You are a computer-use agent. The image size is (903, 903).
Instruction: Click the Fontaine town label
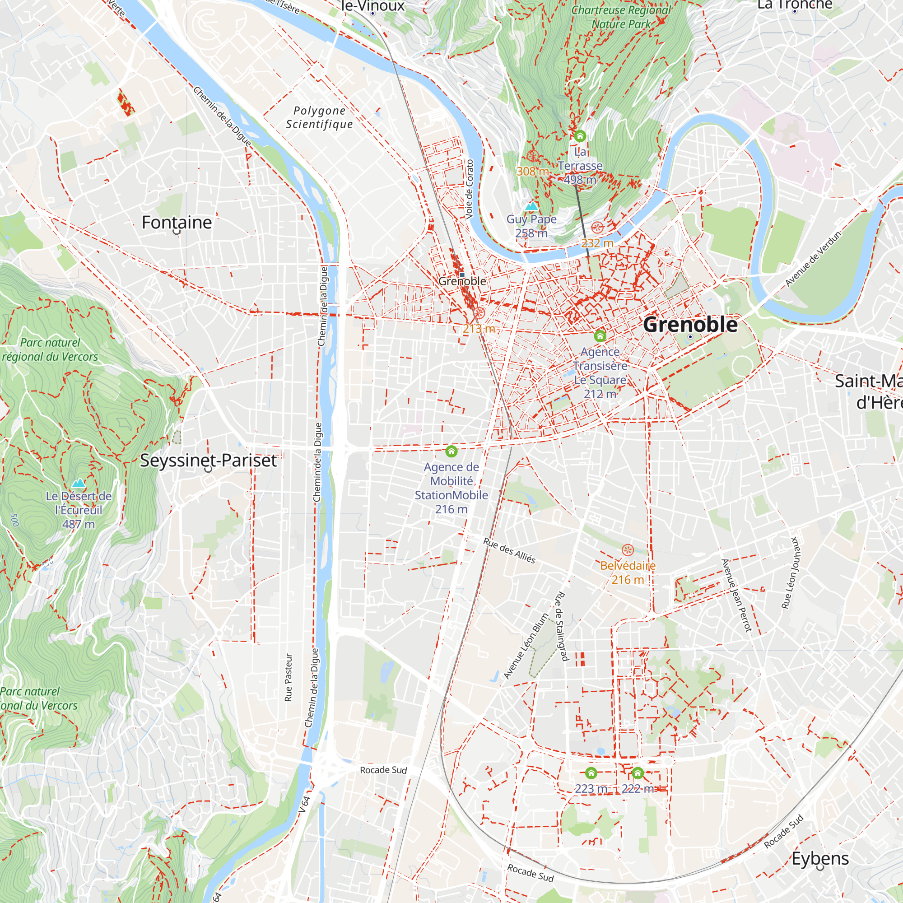pyautogui.click(x=177, y=223)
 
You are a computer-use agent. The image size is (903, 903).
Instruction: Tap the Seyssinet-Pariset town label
pyautogui.click(x=208, y=461)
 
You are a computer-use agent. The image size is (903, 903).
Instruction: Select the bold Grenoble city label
pyautogui.click(x=690, y=324)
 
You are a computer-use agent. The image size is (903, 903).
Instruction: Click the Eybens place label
pyautogui.click(x=820, y=859)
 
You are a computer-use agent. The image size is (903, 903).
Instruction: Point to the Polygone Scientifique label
pyautogui.click(x=319, y=117)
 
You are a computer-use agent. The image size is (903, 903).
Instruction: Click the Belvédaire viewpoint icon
pyautogui.click(x=627, y=550)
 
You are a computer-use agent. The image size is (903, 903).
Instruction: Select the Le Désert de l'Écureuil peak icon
pyautogui.click(x=79, y=483)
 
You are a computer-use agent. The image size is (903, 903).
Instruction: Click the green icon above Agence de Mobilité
pyautogui.click(x=451, y=451)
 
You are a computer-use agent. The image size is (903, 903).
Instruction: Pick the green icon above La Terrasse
pyautogui.click(x=580, y=136)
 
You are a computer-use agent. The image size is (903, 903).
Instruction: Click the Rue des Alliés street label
pyautogui.click(x=509, y=550)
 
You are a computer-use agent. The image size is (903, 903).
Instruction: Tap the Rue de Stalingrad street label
pyautogui.click(x=561, y=626)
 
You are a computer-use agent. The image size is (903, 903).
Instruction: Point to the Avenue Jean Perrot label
pyautogui.click(x=736, y=596)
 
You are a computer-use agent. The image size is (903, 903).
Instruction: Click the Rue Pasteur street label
pyautogui.click(x=289, y=677)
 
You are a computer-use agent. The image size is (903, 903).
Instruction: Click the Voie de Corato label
pyautogui.click(x=469, y=189)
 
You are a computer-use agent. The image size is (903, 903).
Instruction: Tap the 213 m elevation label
pyautogui.click(x=479, y=329)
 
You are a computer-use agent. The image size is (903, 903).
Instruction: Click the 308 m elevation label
pyautogui.click(x=532, y=172)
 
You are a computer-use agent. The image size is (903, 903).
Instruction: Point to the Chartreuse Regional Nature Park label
pyautogui.click(x=621, y=17)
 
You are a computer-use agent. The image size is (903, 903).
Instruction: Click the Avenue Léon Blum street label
pyautogui.click(x=526, y=646)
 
